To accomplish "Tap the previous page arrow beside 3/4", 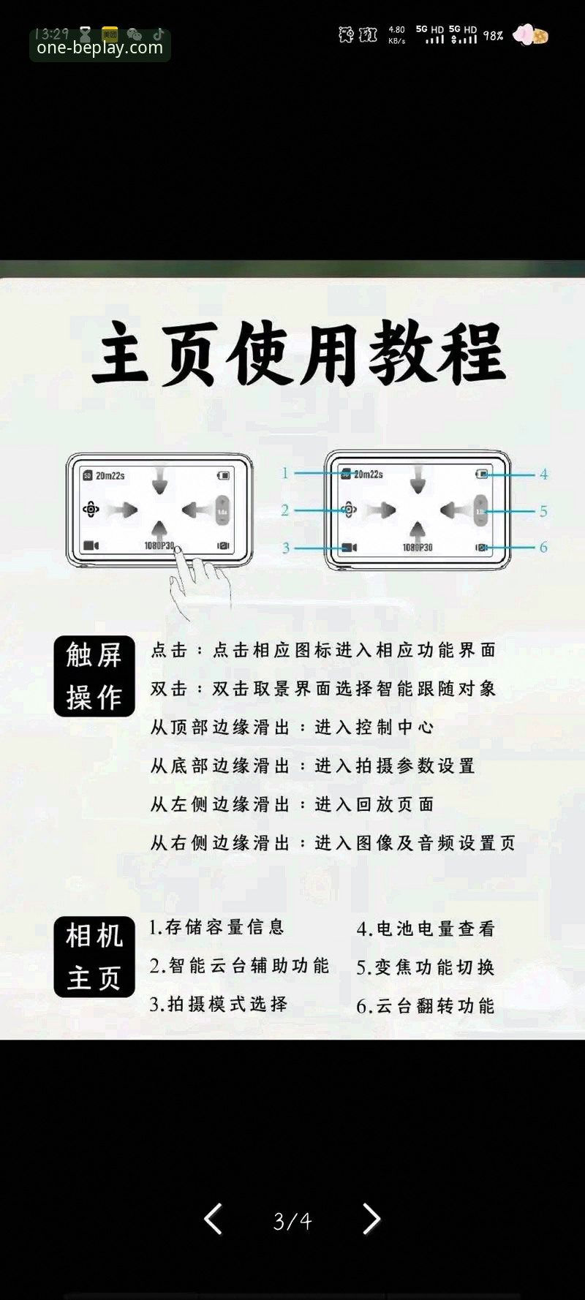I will [213, 1220].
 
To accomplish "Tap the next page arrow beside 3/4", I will [371, 1220].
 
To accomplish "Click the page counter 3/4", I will [292, 1221].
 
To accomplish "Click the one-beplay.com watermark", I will [99, 48].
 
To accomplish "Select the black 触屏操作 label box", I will [94, 676].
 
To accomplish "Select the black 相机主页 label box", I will [94, 956].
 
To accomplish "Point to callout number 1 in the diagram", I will [285, 473].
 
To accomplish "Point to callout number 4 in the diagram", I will [544, 474].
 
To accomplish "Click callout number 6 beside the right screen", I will [543, 547].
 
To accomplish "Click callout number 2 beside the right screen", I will [285, 510].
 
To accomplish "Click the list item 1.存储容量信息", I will [216, 927].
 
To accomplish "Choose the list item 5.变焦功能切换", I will [426, 967].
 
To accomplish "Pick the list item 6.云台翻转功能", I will [426, 1006].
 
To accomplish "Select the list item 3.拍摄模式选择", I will [219, 1004].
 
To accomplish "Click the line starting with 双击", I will [323, 688].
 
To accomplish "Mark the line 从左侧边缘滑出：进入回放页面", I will [292, 804].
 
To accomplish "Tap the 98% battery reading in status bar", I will [493, 35].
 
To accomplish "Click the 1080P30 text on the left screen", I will [159, 545].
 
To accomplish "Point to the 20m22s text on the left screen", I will [110, 475].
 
